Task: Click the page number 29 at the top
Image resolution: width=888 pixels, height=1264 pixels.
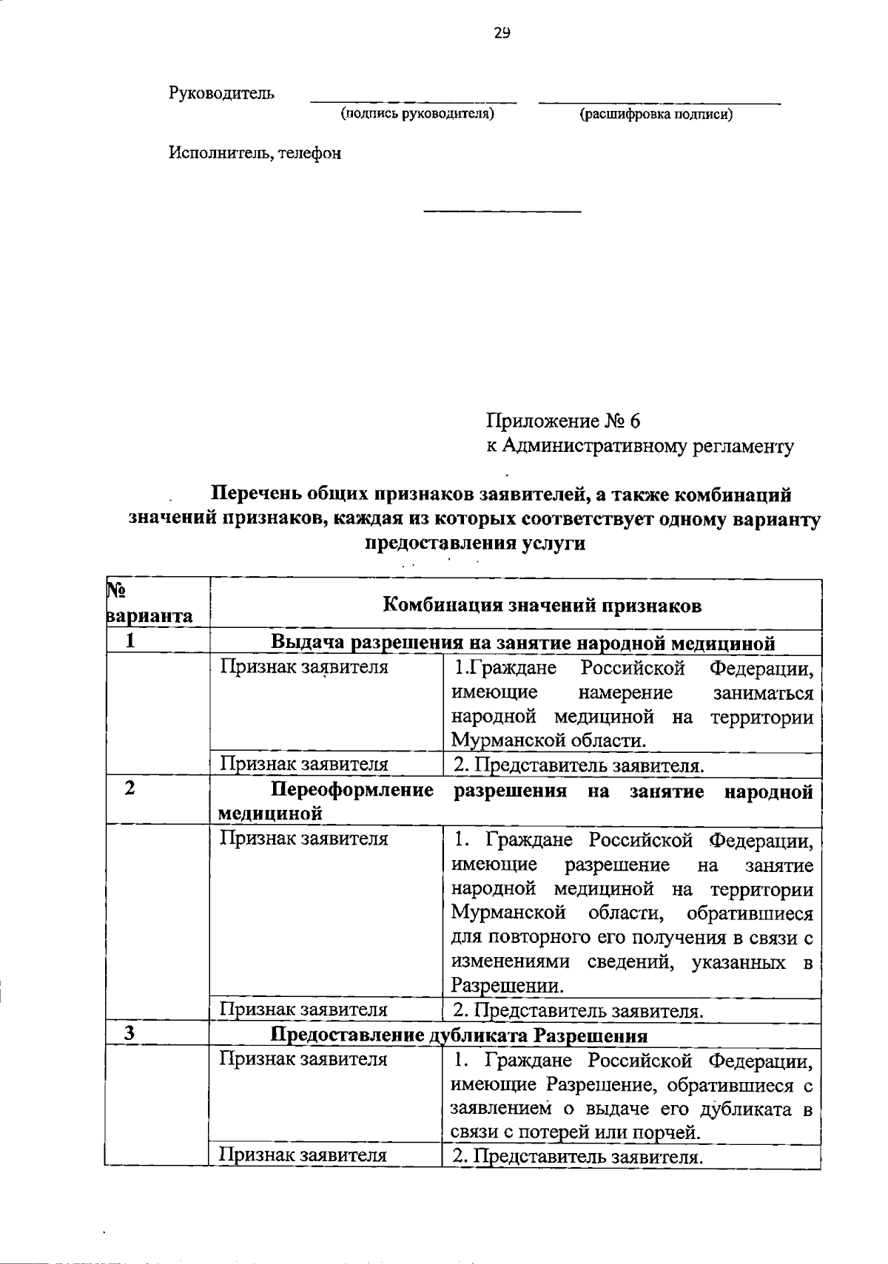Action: click(501, 33)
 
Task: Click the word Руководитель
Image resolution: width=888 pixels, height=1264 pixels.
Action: click(222, 93)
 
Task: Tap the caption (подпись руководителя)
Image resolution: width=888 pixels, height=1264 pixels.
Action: click(417, 114)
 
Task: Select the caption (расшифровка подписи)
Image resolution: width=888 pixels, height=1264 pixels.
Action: click(656, 114)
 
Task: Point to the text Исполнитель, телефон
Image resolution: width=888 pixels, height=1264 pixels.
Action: click(255, 153)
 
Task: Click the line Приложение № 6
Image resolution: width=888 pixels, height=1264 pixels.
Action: click(563, 421)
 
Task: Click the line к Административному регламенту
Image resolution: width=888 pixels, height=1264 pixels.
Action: click(640, 446)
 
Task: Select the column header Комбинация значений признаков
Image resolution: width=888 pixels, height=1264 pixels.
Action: click(542, 606)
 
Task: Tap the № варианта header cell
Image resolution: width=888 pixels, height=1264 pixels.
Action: click(150, 604)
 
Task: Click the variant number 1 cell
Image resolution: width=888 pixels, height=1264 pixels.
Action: click(130, 641)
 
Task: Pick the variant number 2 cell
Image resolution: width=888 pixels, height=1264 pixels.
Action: click(130, 788)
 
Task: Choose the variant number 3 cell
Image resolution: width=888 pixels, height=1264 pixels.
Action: click(130, 1034)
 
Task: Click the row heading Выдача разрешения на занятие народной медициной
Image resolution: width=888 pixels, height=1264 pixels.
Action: click(523, 643)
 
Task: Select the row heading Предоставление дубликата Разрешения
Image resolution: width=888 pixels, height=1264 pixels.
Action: click(460, 1035)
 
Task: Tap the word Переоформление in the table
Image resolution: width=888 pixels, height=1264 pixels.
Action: click(352, 791)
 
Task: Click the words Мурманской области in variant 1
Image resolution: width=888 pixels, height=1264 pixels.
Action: click(549, 740)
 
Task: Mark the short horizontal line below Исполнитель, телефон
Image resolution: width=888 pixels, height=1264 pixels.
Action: click(502, 212)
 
